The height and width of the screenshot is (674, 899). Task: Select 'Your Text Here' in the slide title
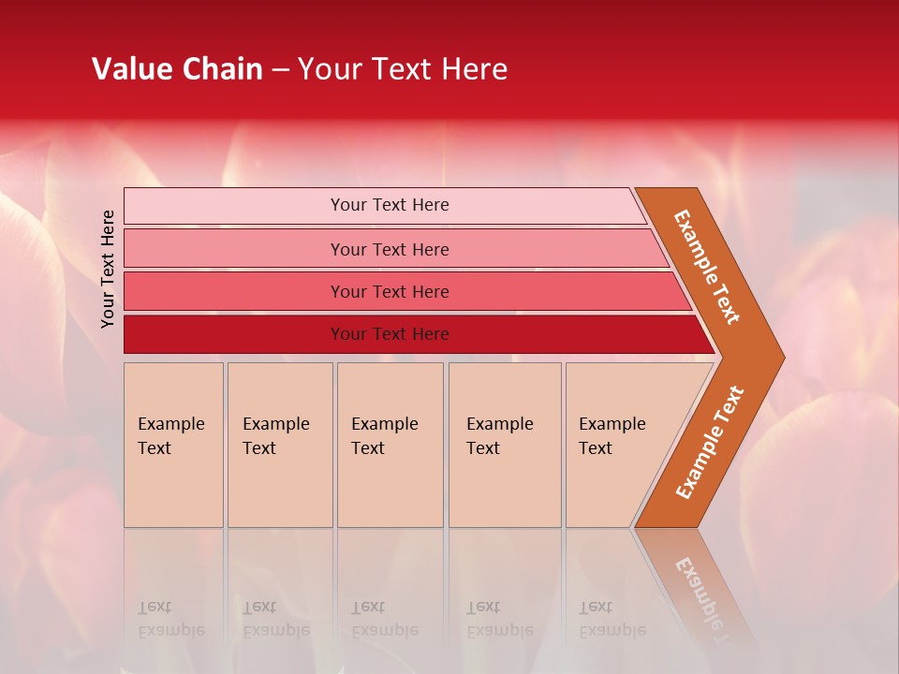(x=403, y=69)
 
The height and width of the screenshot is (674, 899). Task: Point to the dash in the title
(x=280, y=70)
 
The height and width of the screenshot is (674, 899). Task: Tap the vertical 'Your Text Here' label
(x=108, y=270)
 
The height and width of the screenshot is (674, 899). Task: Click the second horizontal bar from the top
(x=389, y=249)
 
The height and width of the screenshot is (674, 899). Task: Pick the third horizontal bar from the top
(x=389, y=291)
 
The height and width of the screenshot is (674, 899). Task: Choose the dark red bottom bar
(x=389, y=334)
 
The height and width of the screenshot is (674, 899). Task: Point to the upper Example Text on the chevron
(x=707, y=267)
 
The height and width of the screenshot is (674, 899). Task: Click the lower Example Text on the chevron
(x=710, y=443)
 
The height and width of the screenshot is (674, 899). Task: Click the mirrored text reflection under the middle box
(x=384, y=619)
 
